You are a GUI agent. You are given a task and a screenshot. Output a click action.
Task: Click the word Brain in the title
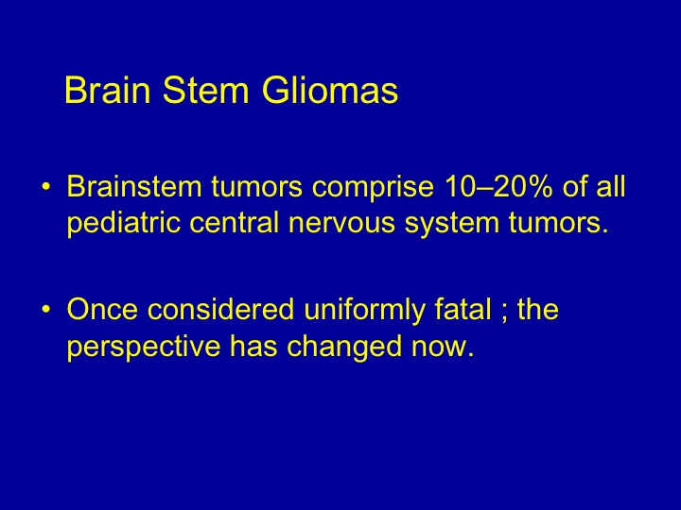108,90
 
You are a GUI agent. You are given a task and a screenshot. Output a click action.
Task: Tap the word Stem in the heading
206,90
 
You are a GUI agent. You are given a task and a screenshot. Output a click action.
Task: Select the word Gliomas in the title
330,90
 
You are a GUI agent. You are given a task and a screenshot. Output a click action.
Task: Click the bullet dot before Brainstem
46,187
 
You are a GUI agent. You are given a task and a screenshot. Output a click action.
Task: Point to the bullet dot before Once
46,309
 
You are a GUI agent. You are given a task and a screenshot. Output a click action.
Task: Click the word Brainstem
134,186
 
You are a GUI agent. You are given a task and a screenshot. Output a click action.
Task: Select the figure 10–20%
499,186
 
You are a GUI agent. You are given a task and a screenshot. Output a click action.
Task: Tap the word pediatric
123,224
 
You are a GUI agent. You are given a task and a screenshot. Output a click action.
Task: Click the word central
234,223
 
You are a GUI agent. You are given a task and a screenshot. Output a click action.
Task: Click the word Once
102,308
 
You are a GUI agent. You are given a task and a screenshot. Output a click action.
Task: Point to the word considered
220,308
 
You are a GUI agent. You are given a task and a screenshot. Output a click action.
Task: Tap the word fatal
463,308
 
